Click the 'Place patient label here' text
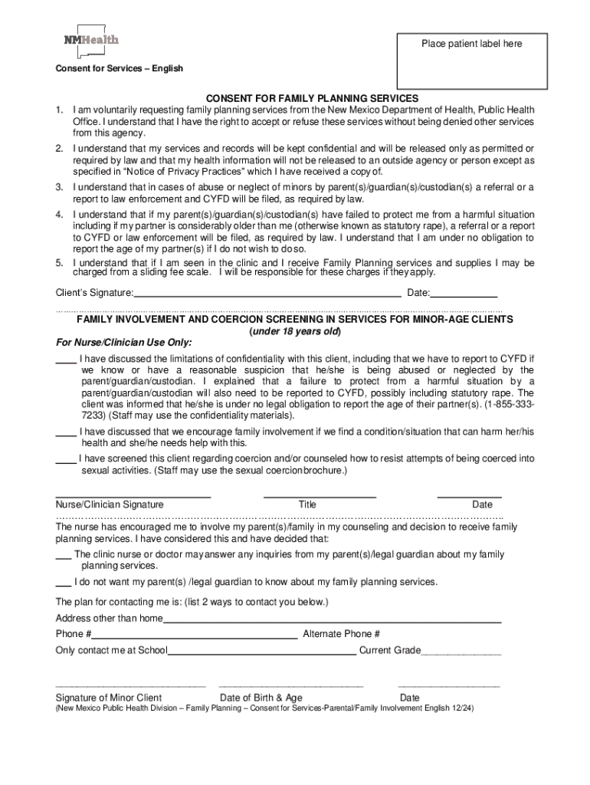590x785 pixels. click(x=471, y=44)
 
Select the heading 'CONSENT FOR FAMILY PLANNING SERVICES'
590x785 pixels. click(x=311, y=98)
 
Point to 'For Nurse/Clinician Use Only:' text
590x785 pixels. click(x=123, y=342)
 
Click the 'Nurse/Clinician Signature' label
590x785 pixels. click(x=110, y=504)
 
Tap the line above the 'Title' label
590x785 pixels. click(x=320, y=497)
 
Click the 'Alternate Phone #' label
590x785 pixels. click(x=342, y=634)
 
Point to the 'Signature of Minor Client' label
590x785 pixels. click(x=109, y=698)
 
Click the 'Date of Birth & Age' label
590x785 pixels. click(x=261, y=698)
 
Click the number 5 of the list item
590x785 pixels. click(x=59, y=263)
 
